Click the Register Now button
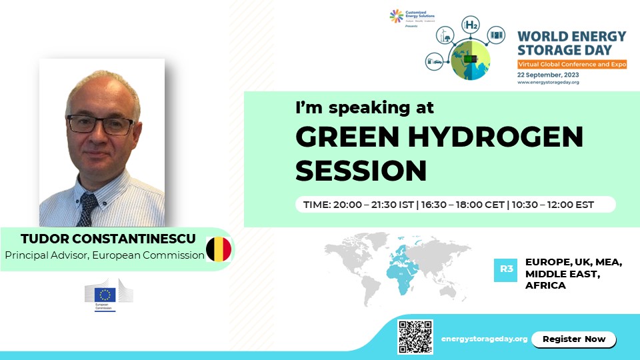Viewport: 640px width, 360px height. [573, 339]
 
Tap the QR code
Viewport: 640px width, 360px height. [415, 337]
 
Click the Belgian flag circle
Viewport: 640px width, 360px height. [219, 249]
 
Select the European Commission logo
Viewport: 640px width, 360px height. [109, 294]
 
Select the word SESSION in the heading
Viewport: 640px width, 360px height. [361, 170]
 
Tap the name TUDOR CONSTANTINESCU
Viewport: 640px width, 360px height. [103, 239]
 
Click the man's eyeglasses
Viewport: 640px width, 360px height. [99, 125]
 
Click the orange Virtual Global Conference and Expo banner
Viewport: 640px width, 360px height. [573, 63]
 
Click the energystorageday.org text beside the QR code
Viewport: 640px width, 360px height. [485, 339]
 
